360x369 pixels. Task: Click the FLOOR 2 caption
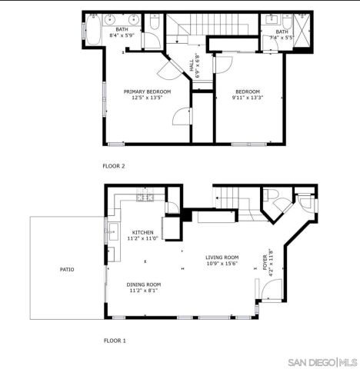click(x=114, y=165)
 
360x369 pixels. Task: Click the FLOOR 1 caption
click(x=115, y=339)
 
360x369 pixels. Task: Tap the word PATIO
click(x=68, y=269)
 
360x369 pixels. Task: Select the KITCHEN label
click(x=142, y=232)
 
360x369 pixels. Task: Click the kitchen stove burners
click(x=144, y=198)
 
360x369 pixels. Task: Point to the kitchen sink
click(x=113, y=228)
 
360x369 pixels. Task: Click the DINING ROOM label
click(x=144, y=284)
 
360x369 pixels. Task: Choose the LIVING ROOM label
click(x=222, y=258)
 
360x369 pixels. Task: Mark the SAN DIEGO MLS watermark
click(x=321, y=361)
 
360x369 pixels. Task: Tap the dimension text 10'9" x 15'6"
click(x=222, y=264)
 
